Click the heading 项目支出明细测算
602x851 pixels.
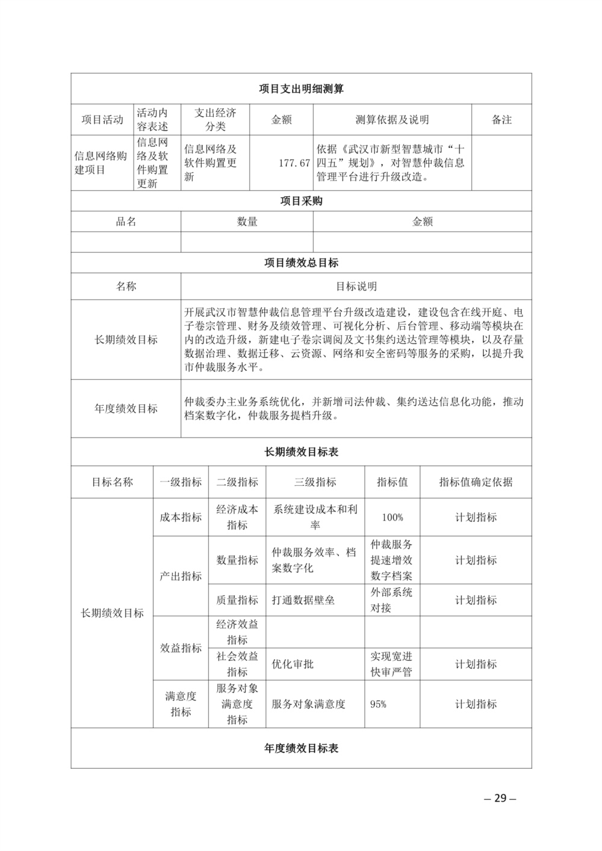point(301,89)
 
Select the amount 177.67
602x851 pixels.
point(294,163)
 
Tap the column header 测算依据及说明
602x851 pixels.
point(392,120)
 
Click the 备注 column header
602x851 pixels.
point(501,120)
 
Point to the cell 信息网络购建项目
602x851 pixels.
point(101,163)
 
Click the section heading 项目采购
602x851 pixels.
point(301,201)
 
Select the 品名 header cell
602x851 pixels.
point(126,221)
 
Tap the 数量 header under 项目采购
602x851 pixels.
point(247,221)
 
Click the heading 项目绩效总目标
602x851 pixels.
point(301,263)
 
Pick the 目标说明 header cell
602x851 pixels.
point(356,286)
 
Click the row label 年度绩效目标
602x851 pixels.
point(126,409)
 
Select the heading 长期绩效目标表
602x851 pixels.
point(301,452)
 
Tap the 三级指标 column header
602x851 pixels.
point(315,482)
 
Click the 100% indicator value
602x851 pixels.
point(392,518)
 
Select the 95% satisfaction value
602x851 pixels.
point(379,704)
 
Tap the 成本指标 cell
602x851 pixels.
point(181,518)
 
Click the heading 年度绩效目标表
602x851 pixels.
point(301,749)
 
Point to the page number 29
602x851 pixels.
point(500,799)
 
